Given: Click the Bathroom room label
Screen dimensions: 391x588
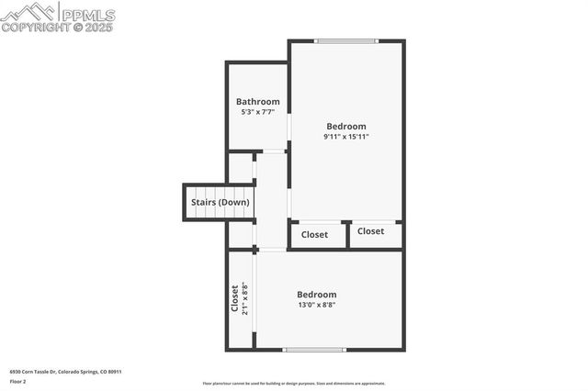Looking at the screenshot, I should coord(257,102).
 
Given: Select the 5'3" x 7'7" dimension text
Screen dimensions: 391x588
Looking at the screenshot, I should coord(257,112).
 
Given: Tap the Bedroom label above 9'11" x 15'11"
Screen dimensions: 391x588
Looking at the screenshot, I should coord(346,127).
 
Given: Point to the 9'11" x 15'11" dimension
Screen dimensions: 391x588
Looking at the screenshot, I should coord(346,137).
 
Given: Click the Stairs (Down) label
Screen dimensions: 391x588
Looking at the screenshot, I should coord(220,202).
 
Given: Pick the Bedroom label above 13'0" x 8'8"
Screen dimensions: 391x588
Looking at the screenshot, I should coord(316,295).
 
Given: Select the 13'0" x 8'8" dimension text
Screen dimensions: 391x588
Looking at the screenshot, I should coord(316,305).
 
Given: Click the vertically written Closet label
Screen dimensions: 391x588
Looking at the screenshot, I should coord(235,299).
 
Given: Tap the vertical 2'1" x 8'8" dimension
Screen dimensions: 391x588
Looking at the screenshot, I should coord(245,299).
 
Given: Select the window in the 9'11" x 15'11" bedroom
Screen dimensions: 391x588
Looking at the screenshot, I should coord(346,40).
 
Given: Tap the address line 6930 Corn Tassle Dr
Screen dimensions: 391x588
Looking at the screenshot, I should coord(65,372).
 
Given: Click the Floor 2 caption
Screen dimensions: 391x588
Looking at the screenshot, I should coord(18,381).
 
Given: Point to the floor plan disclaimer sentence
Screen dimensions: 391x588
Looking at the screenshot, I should coord(294,384).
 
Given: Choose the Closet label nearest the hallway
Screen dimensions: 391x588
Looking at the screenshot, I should coord(314,235).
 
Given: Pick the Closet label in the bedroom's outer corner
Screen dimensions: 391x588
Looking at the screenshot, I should coord(371,231).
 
